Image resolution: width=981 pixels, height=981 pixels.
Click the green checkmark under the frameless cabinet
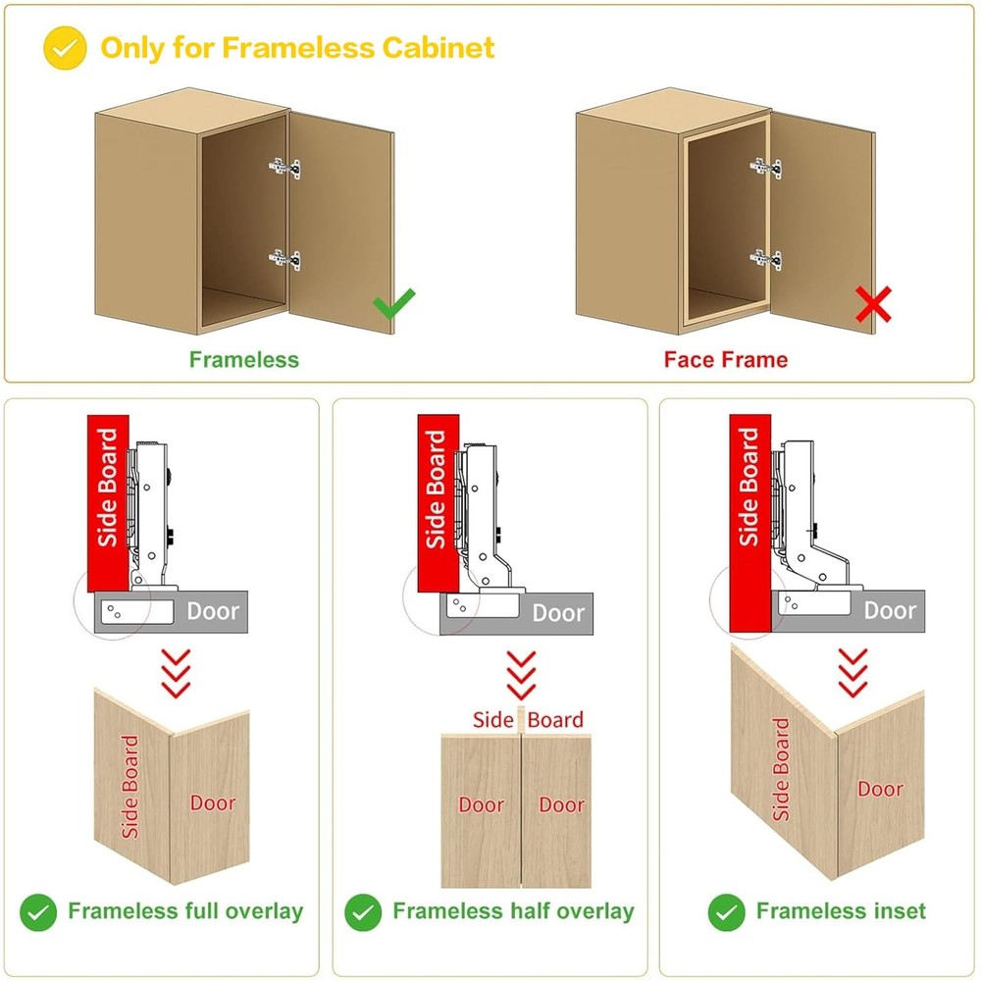coord(393,305)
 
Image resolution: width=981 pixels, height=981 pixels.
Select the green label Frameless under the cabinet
coord(243,359)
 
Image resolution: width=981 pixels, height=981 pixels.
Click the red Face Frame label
coord(725,359)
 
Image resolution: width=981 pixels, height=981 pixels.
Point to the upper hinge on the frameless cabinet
coord(284,168)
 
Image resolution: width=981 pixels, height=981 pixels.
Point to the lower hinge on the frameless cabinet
coord(284,259)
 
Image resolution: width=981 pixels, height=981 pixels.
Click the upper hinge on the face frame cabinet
coord(766,168)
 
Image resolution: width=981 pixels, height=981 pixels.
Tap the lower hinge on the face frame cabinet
coord(766,259)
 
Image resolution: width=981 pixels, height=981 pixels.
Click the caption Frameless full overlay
coord(185,911)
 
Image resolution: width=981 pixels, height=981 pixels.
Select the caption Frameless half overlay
coord(513,911)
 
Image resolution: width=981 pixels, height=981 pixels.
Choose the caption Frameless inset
coord(841,911)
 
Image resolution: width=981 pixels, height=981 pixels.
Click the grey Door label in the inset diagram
coord(890,610)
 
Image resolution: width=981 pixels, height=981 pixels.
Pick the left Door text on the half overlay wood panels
coord(482,804)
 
